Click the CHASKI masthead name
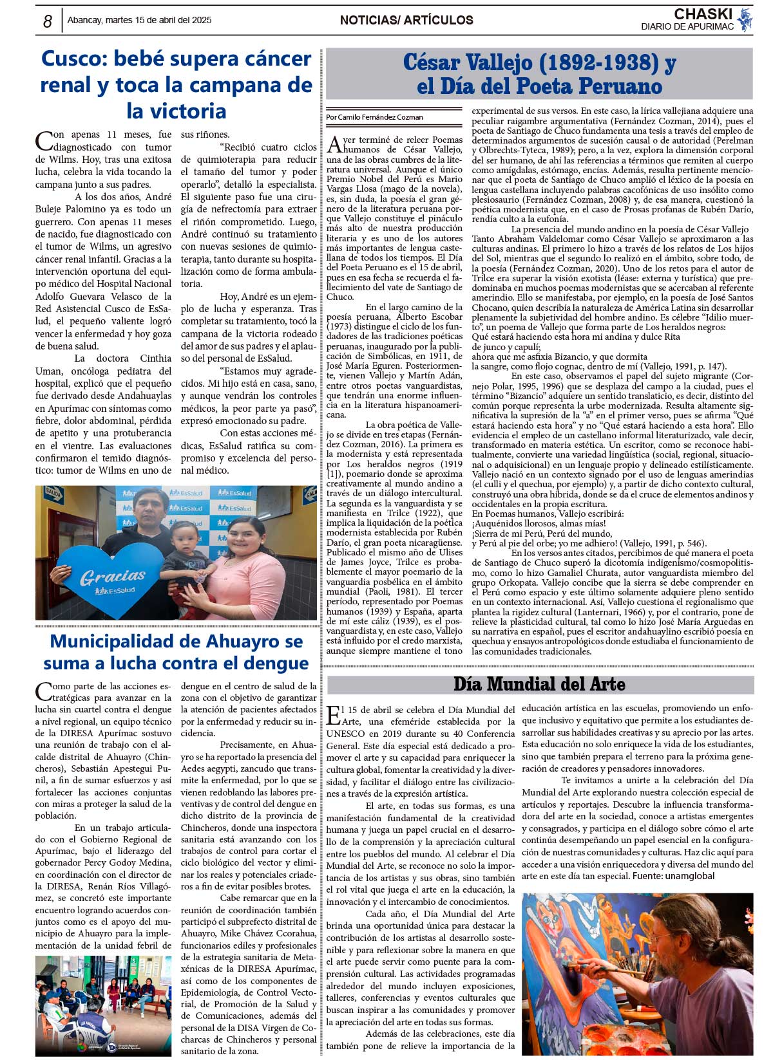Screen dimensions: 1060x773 (703, 14)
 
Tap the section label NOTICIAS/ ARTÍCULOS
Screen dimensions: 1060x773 (406, 21)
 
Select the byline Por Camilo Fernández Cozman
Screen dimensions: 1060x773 (374, 117)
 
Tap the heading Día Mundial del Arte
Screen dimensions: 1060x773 (539, 683)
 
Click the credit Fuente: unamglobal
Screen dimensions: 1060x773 (673, 876)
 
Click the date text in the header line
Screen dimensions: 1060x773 (139, 21)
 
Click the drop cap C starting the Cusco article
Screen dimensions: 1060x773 (43, 141)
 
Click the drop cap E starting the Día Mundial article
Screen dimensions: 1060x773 (333, 714)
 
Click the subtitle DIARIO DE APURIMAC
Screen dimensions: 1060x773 (687, 26)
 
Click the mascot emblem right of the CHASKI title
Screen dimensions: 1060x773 (745, 20)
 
